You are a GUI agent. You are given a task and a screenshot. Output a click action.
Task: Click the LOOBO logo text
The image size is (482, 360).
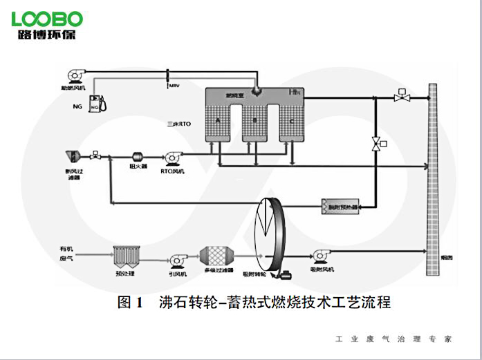(47, 18)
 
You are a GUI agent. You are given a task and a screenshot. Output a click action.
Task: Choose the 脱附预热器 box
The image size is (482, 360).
(340, 206)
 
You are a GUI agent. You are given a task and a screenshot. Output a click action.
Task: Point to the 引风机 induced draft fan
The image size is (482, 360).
(175, 258)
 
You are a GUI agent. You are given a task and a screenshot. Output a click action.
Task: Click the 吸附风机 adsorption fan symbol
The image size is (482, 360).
(320, 256)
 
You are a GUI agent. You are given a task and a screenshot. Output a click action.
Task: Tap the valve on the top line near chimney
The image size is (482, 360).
(399, 97)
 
